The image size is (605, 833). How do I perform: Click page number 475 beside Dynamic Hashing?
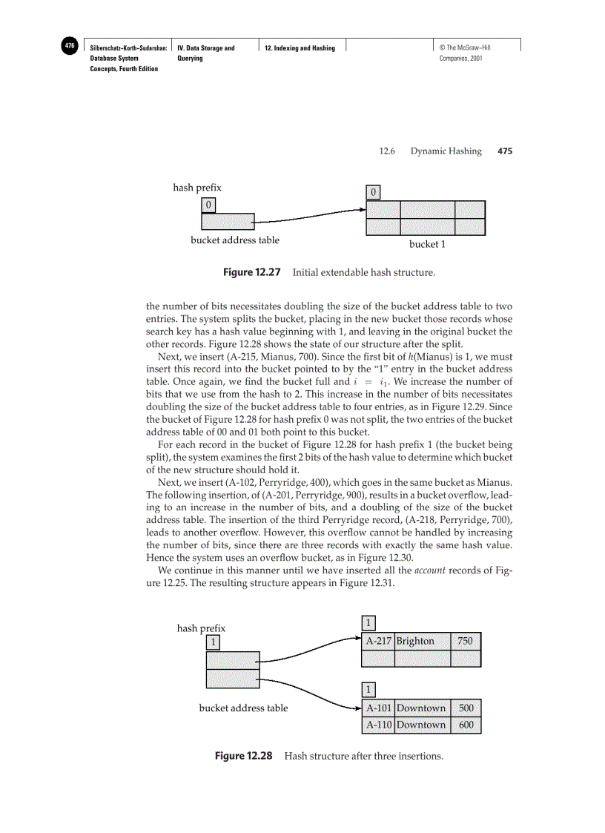point(505,151)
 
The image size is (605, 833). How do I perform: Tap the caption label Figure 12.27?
point(252,272)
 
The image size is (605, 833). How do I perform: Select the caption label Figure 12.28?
point(244,756)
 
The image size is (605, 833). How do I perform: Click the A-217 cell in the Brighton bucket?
point(379,641)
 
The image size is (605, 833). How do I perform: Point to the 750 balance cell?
point(466,641)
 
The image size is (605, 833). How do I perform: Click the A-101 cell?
point(379,708)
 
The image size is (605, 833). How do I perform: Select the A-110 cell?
point(379,725)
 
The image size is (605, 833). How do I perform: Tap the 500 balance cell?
point(466,708)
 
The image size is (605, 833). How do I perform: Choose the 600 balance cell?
point(466,725)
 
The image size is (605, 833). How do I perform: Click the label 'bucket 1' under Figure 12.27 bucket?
point(427,243)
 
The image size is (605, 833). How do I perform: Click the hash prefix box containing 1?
point(214,642)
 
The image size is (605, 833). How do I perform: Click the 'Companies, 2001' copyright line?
point(461,58)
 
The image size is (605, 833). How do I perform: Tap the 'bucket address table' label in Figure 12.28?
point(243,708)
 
